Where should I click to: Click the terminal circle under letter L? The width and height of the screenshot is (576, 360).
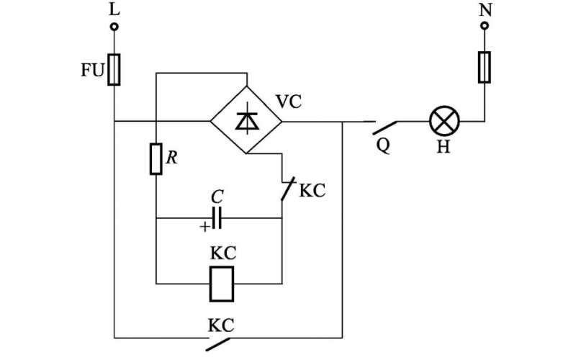114,28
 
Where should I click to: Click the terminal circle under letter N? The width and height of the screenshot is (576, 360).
485,27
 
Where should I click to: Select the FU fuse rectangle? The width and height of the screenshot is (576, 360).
114,70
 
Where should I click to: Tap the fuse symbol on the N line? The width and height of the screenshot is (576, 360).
485,67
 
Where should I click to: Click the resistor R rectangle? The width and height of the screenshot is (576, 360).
156,159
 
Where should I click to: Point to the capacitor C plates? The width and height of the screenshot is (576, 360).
215,217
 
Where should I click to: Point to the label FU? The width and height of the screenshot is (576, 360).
93,72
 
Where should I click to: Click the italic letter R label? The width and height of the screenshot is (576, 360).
171,158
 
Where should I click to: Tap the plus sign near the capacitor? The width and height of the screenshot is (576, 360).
204,226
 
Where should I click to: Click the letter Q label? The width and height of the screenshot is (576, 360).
383,145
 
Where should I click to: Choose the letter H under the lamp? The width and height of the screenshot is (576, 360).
444,149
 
